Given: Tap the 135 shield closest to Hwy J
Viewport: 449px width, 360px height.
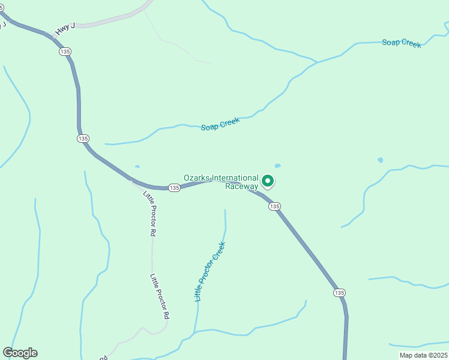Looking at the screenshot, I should pos(65,52).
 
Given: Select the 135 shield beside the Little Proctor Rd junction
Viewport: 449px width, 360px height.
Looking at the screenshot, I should pos(174,188).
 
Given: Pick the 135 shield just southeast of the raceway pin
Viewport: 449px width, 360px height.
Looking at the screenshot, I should pos(274,206).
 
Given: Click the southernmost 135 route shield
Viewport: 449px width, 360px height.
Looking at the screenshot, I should pos(339,293).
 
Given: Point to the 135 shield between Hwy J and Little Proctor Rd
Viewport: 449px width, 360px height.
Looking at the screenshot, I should pos(83,139).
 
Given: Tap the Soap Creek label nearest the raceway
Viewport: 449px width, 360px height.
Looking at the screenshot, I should pos(220,124).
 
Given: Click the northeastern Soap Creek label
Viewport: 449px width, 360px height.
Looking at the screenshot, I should pos(402,43).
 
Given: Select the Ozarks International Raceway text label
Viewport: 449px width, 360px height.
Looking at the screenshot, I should pos(221,182).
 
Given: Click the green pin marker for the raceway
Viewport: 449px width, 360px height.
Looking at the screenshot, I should pos(268,180).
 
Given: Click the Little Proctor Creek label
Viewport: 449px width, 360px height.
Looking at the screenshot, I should pos(209,271).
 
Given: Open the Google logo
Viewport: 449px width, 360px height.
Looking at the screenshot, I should pos(20,353).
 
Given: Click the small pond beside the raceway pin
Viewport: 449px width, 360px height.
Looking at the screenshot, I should pos(277,166).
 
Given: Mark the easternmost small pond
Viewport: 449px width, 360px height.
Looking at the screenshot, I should pos(380,160).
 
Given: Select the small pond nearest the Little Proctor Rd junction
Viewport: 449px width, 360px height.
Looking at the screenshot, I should pos(137,167).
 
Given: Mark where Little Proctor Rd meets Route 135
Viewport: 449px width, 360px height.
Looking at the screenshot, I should pos(133,180).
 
